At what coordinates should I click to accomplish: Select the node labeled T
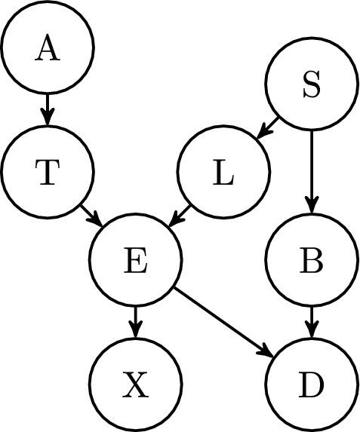pos(47,173)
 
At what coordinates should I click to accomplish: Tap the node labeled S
pos(311,84)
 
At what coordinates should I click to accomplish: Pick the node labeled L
pos(223,173)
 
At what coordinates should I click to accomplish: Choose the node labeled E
pos(135,260)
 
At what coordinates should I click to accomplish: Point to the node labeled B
pos(311,260)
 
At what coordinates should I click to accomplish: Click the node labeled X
pos(135,385)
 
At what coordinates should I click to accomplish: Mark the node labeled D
pos(311,385)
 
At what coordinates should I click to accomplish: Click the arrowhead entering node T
pos(47,119)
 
